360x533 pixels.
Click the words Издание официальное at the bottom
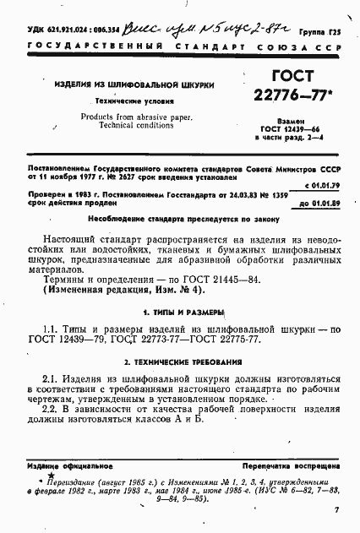(x=60, y=465)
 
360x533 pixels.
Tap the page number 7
(x=336, y=510)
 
